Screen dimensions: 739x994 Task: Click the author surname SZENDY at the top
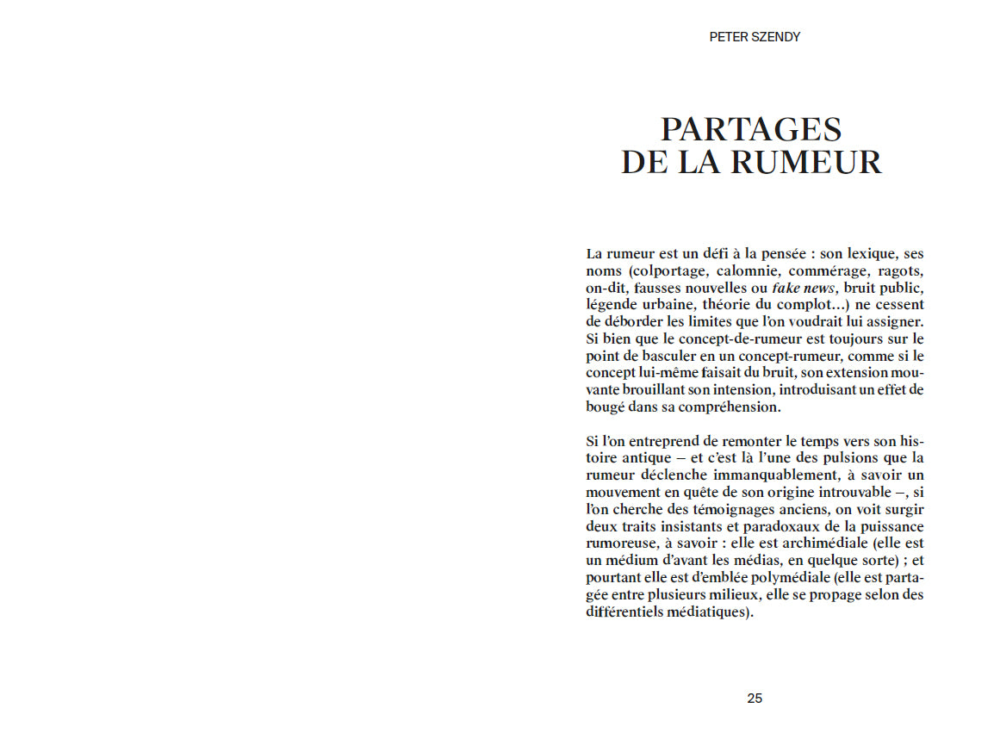[775, 37]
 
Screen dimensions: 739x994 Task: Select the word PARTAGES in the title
[750, 129]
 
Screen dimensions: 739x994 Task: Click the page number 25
[755, 699]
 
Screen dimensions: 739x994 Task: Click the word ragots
[900, 270]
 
